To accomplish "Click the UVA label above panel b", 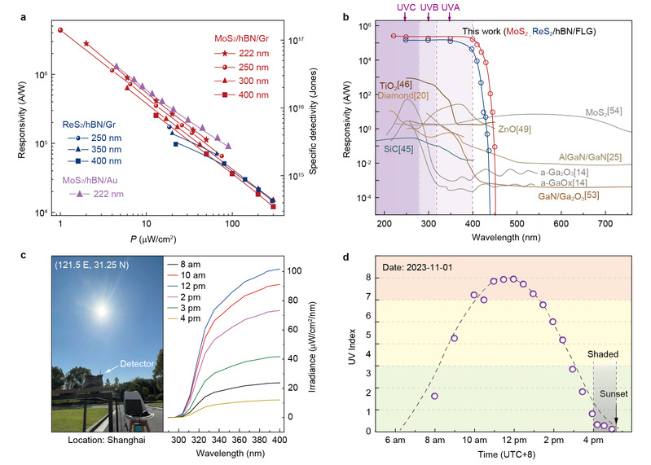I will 450,8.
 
